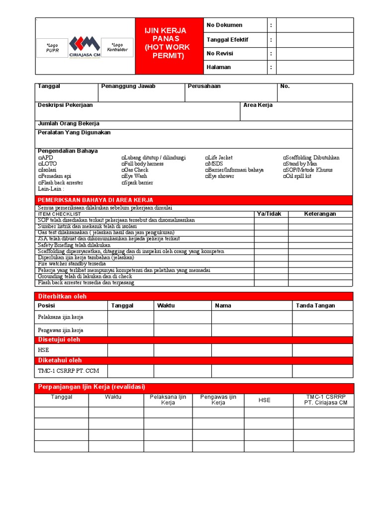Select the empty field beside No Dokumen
point(314,25)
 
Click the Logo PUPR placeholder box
point(52,48)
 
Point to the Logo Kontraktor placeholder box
point(117,47)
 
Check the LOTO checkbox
point(40,164)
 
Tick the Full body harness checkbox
point(123,164)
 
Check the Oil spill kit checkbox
point(286,176)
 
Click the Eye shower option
point(221,176)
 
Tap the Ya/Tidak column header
point(269,214)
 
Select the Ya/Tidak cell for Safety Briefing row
point(271,245)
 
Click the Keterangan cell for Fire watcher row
point(320,264)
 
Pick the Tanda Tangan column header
point(315,306)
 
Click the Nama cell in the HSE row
point(252,350)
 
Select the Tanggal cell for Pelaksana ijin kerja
point(130,317)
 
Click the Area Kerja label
point(258,105)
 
